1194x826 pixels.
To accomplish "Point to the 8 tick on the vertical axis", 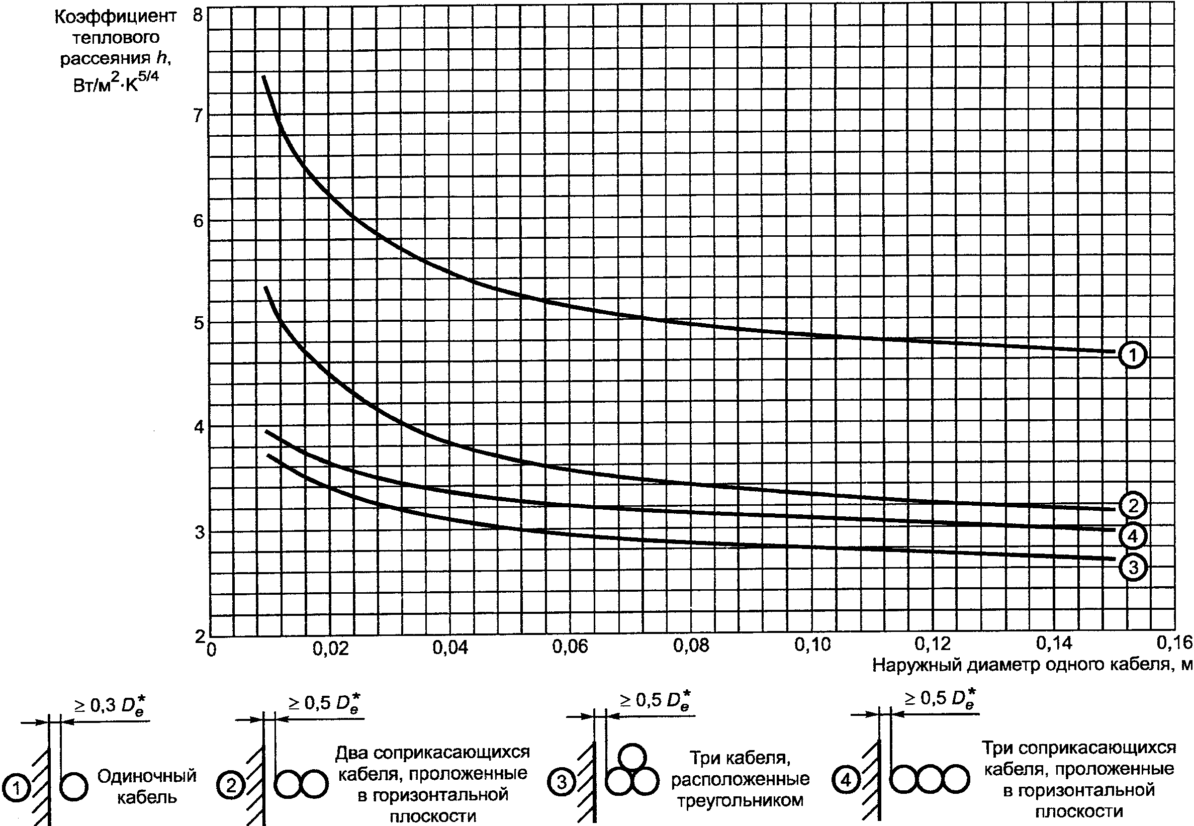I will point(198,15).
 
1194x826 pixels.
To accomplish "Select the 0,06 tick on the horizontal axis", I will point(570,647).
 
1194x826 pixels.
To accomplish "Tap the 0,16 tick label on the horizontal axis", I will point(1174,644).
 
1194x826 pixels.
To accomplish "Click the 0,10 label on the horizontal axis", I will point(812,645).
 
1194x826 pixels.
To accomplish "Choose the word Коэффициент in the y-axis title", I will point(116,17).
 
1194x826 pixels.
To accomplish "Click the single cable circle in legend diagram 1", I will point(73,787).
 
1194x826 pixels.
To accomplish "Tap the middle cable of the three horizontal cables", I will point(929,779).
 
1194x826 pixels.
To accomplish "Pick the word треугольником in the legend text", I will point(740,801).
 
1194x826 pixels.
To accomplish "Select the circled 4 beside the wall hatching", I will point(846,780).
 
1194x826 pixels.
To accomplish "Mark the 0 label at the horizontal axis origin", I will point(211,650).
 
